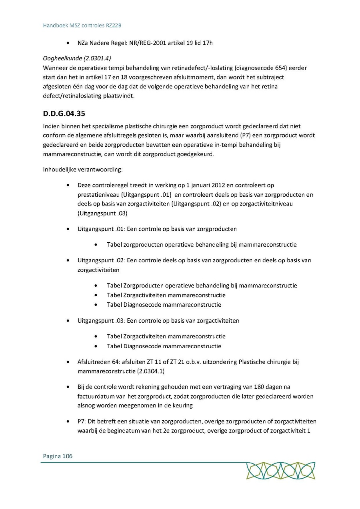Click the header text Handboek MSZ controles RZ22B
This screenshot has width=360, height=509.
82,25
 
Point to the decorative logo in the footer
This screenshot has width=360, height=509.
280,471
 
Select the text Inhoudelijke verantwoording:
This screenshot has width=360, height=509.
83,170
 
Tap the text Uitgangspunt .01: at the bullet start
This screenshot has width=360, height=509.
101,229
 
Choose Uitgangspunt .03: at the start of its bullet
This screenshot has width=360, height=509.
101,320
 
